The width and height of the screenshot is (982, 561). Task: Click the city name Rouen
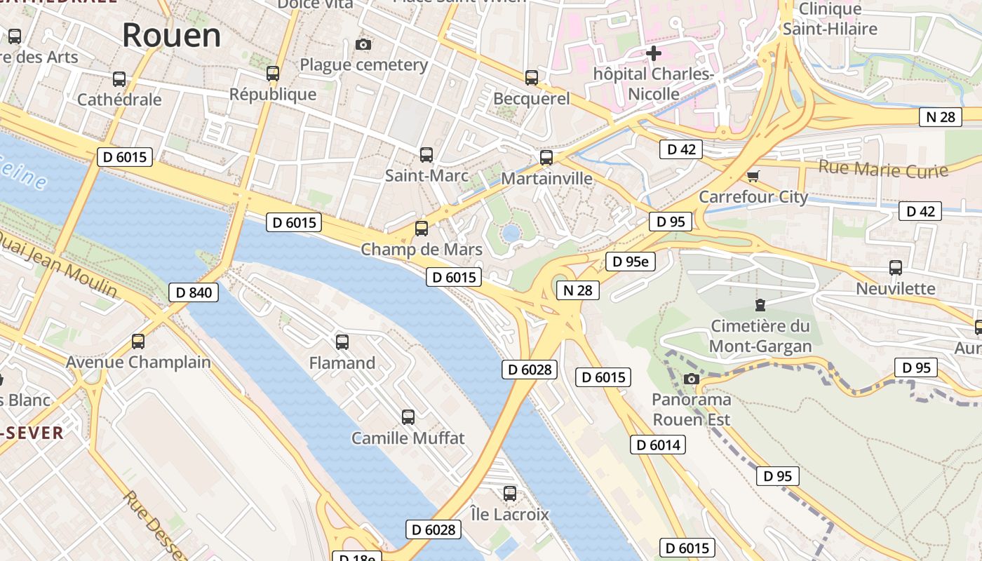(x=171, y=35)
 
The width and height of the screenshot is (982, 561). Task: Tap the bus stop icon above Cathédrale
(x=119, y=79)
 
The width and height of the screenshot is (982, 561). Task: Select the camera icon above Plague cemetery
(x=363, y=45)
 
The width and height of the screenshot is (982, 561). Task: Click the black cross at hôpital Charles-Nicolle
(x=654, y=53)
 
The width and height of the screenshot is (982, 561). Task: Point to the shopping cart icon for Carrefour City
(x=753, y=176)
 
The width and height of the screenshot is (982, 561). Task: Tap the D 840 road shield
(x=194, y=292)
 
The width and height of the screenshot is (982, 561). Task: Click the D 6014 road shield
(x=657, y=445)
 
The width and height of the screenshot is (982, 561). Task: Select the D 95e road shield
(x=630, y=262)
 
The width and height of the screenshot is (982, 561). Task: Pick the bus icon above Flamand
(x=342, y=342)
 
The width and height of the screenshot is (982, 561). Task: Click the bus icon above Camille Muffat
(x=408, y=417)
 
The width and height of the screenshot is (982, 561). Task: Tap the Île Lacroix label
(x=510, y=514)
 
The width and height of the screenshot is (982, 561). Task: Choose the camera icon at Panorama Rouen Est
(x=692, y=379)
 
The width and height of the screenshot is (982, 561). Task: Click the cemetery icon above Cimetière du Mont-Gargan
(x=760, y=305)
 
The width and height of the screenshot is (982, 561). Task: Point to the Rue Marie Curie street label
(x=883, y=169)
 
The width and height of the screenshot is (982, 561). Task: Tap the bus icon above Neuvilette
(x=896, y=268)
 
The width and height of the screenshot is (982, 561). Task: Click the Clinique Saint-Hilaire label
(x=830, y=19)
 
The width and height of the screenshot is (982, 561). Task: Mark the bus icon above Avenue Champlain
(x=138, y=342)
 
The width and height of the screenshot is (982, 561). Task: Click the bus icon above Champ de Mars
(x=422, y=229)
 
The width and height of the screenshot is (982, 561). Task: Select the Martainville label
(x=546, y=179)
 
